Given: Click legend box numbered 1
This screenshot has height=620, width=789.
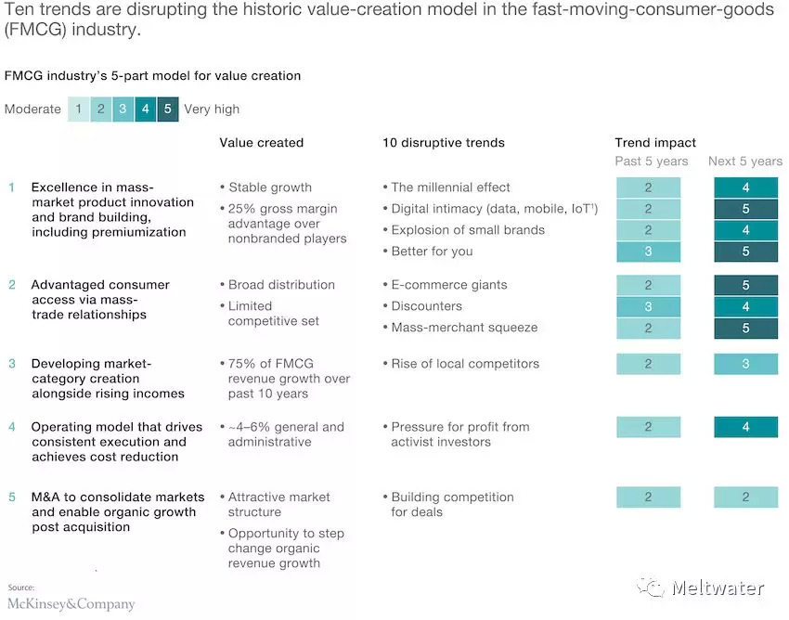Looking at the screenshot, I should [79, 110].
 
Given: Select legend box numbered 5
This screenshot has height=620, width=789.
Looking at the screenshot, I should [168, 110].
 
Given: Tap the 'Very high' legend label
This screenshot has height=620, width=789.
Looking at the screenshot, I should [212, 110].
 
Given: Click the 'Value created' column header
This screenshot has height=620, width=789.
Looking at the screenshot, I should [261, 143].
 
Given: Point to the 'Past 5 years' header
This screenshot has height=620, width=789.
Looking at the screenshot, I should [652, 161].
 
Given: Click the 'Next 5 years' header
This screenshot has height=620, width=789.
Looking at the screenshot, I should [745, 161].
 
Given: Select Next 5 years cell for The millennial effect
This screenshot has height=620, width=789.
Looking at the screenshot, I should [745, 187].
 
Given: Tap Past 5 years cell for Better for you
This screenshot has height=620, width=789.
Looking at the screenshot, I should [648, 252].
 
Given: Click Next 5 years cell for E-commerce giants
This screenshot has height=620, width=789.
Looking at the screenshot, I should [745, 285].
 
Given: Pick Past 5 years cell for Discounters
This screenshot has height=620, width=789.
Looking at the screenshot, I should [648, 306].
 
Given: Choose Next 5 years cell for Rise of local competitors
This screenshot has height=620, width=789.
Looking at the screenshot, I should [745, 365].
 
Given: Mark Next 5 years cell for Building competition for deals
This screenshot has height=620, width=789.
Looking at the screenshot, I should [745, 497].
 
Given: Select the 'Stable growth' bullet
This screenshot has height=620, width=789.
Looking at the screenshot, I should [270, 187].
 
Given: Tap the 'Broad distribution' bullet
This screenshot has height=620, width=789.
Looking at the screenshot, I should [281, 285].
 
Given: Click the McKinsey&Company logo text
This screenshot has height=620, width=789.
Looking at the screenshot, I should [71, 604].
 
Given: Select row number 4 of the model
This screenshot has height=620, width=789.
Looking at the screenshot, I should [12, 427].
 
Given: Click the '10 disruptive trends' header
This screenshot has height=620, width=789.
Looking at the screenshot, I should [444, 143].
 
